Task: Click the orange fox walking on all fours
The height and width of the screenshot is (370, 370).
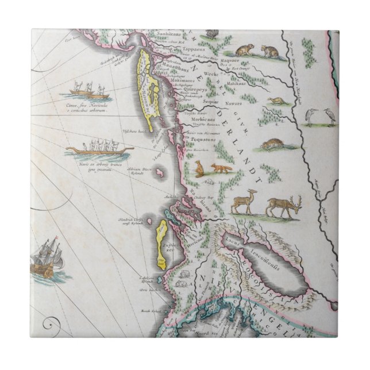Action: tap(221, 168)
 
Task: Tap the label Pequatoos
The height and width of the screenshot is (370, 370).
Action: tap(200, 140)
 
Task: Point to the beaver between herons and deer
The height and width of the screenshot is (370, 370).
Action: tap(271, 144)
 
